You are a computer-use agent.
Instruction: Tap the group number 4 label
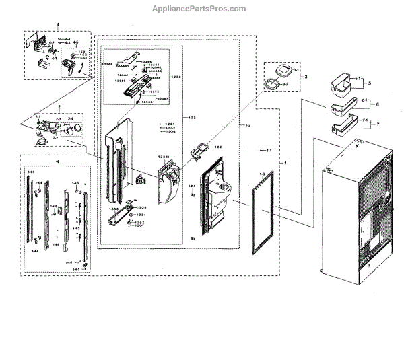pos(57,25)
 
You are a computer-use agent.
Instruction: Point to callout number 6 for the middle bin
pos(378,105)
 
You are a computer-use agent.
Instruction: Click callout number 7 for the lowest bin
pos(378,125)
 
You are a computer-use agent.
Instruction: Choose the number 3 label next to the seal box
pos(306,78)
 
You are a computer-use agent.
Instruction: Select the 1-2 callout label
pos(248,126)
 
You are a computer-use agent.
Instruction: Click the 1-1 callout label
pos(269,150)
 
